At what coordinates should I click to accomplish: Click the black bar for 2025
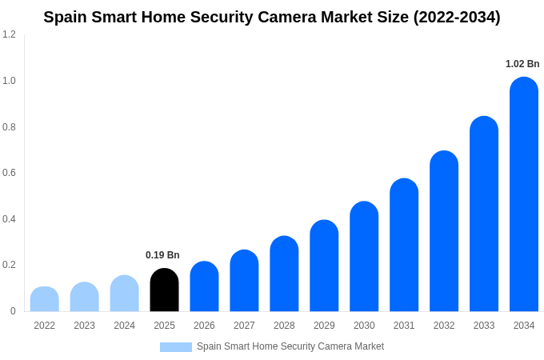pyautogui.click(x=164, y=290)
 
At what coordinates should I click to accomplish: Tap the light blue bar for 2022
pyautogui.click(x=44, y=299)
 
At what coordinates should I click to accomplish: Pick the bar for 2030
pyautogui.click(x=364, y=257)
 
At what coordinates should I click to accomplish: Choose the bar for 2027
pyautogui.click(x=244, y=281)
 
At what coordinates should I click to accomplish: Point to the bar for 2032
pyautogui.click(x=444, y=231)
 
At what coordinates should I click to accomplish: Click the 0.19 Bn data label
pyautogui.click(x=162, y=255)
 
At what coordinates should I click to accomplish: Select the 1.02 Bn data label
pyautogui.click(x=522, y=64)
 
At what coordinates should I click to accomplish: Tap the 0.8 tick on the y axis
pyautogui.click(x=9, y=127)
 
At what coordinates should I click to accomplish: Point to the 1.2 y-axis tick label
pyautogui.click(x=9, y=34)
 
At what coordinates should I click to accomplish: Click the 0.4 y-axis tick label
pyautogui.click(x=9, y=219)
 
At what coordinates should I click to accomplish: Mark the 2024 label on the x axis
pyautogui.click(x=124, y=326)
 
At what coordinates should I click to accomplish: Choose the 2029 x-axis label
pyautogui.click(x=324, y=326)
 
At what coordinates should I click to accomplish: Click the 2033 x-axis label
pyautogui.click(x=484, y=326)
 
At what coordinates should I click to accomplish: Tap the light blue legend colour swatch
pyautogui.click(x=176, y=347)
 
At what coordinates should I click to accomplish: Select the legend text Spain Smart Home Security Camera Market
pyautogui.click(x=290, y=346)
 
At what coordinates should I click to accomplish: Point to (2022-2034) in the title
pyautogui.click(x=457, y=17)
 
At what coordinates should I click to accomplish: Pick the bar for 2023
pyautogui.click(x=84, y=297)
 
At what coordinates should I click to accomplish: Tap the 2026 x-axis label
pyautogui.click(x=204, y=326)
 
